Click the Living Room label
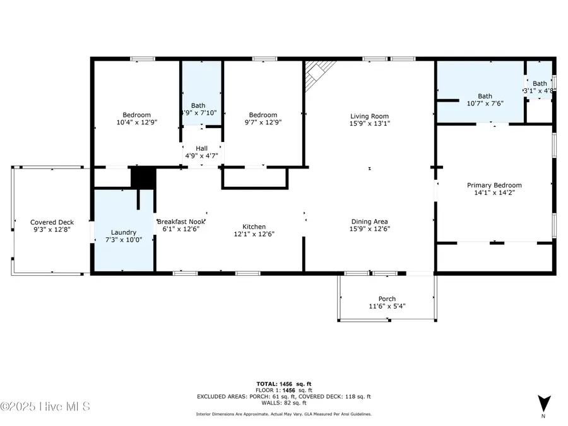pyautogui.click(x=369, y=115)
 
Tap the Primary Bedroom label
pyautogui.click(x=494, y=185)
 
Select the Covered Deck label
pyautogui.click(x=52, y=222)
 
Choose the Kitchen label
pyautogui.click(x=254, y=227)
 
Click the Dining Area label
pyautogui.click(x=369, y=222)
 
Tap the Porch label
pyautogui.click(x=387, y=299)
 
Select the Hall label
pyautogui.click(x=201, y=148)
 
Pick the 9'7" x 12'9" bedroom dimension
pyautogui.click(x=263, y=122)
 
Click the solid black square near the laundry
pyautogui.click(x=143, y=177)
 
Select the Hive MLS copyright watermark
pyautogui.click(x=45, y=406)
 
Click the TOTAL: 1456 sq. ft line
pyautogui.click(x=283, y=384)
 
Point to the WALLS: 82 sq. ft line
pyautogui.click(x=283, y=402)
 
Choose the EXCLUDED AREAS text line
pyautogui.click(x=283, y=396)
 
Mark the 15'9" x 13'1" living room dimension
pyautogui.click(x=369, y=123)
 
